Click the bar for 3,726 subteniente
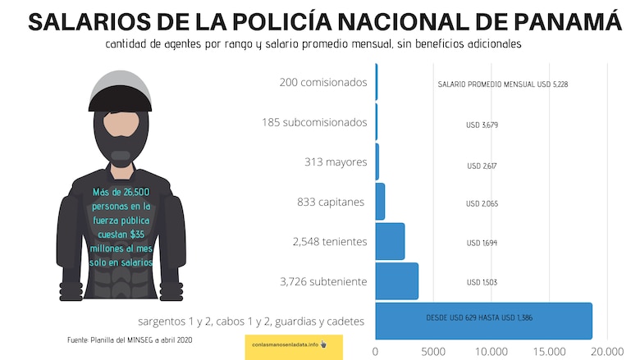tap(397, 281)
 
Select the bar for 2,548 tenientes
tap(390, 242)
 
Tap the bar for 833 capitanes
tap(380, 202)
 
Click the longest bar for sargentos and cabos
tap(483, 321)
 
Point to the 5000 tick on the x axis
tap(433, 350)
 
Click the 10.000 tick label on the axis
tap(491, 350)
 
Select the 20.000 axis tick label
tap(607, 350)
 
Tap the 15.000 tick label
tap(549, 350)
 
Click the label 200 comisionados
tap(323, 82)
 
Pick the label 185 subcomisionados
tap(314, 122)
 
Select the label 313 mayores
tap(335, 162)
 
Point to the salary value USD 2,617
tap(482, 166)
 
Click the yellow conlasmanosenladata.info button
tap(293, 345)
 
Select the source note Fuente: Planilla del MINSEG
tap(130, 339)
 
